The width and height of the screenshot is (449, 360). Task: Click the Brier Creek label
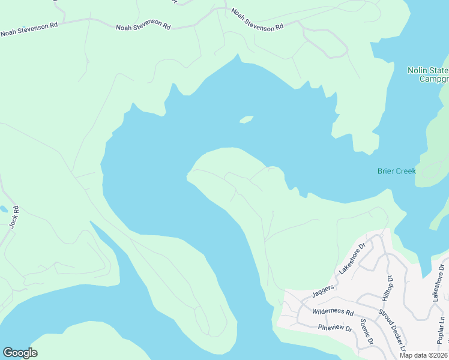click(x=396, y=171)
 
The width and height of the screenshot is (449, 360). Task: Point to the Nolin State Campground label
click(x=428, y=74)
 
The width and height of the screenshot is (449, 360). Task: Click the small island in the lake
click(x=246, y=119)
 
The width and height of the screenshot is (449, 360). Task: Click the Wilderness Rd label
click(x=333, y=312)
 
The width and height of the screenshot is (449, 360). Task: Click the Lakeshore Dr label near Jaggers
click(x=353, y=259)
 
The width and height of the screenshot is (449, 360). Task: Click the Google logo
click(x=20, y=353)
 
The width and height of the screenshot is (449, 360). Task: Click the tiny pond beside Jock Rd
click(x=4, y=209)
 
